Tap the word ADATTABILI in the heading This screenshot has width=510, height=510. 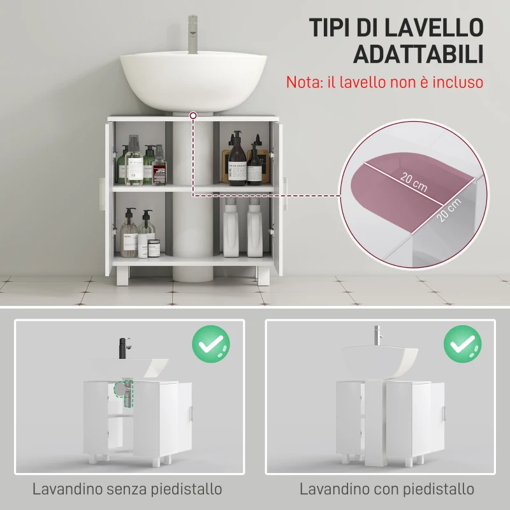[418, 55]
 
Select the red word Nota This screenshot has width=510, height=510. [303, 82]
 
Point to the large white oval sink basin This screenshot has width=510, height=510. [194, 80]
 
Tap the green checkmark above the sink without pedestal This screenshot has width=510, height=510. [211, 344]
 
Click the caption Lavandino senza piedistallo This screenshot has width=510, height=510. [127, 489]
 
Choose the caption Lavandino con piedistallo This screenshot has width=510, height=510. [387, 489]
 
